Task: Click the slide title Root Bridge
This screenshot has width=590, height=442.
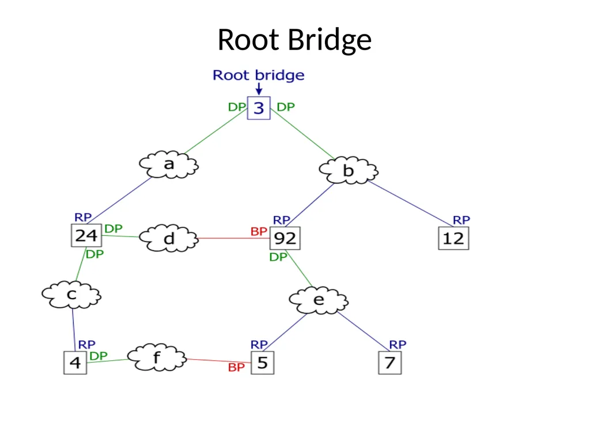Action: (294, 40)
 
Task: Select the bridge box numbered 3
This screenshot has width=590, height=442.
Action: (259, 108)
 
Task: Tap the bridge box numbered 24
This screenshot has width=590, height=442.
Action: (86, 235)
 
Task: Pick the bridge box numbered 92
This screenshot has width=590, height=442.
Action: (285, 238)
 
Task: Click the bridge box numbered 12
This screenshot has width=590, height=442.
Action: (453, 238)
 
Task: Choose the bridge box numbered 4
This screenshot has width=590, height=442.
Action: (75, 363)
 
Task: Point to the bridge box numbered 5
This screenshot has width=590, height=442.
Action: (263, 363)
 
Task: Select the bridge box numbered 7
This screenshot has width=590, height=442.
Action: (390, 363)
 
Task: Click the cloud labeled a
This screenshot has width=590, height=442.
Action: (169, 164)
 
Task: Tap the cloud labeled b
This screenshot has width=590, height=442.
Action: (349, 170)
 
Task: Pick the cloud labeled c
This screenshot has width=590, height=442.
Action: (71, 295)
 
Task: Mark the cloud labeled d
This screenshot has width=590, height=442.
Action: (169, 238)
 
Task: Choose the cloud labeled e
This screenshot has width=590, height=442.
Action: (319, 300)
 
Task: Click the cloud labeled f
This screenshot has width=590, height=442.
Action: (157, 357)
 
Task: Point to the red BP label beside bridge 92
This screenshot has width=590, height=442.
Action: (259, 231)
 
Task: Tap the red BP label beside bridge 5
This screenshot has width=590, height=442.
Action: (236, 367)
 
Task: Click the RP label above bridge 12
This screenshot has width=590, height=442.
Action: (462, 220)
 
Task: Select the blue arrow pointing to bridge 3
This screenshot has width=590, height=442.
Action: (259, 89)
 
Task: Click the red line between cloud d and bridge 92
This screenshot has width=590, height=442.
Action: (234, 238)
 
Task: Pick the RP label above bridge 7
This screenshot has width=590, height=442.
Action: (398, 344)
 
